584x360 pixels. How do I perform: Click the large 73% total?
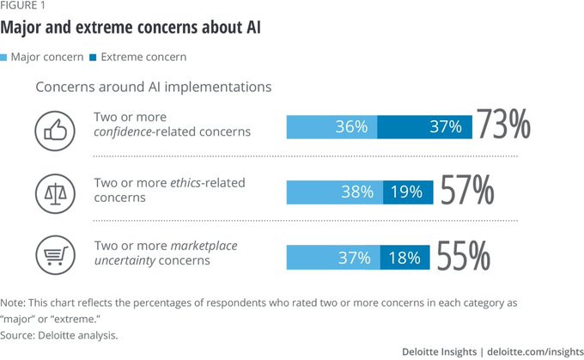(x=504, y=125)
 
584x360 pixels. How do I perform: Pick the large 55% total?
(x=464, y=255)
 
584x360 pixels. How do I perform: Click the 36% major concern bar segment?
(x=332, y=126)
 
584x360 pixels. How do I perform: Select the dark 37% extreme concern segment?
(x=424, y=126)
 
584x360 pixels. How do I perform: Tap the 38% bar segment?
(x=334, y=192)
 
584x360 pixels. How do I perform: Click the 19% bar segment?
(x=408, y=192)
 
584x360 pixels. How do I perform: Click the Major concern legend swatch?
(x=6, y=57)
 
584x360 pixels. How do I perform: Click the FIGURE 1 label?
(x=24, y=8)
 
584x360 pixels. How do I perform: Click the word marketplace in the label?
(x=198, y=247)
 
